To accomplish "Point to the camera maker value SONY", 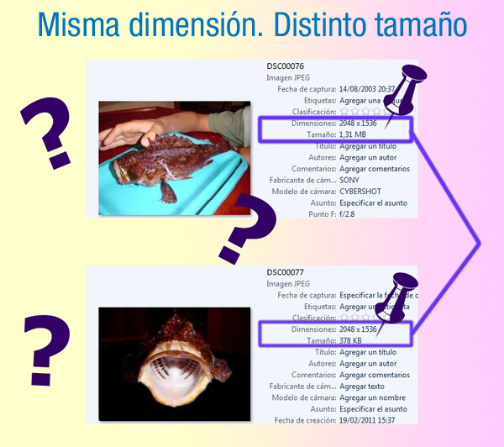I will pos(350,180).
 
